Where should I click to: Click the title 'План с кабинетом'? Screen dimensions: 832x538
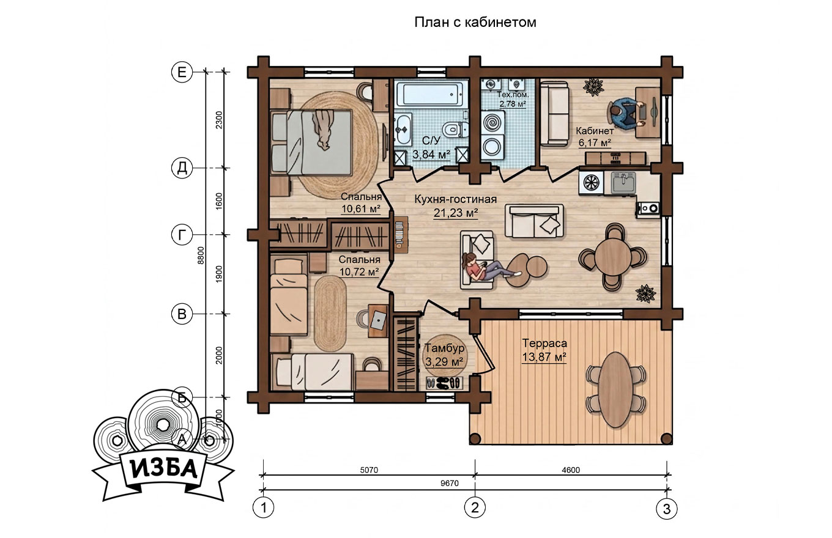pyautogui.click(x=475, y=23)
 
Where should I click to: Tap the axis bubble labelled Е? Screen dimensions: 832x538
pyautogui.click(x=182, y=72)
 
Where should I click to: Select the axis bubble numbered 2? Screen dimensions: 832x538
pyautogui.click(x=475, y=507)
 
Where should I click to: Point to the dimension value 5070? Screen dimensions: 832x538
pyautogui.click(x=369, y=470)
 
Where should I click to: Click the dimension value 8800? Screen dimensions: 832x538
pyautogui.click(x=201, y=255)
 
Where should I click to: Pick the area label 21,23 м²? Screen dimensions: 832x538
pyautogui.click(x=456, y=213)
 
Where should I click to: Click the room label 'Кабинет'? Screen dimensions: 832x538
pyautogui.click(x=595, y=131)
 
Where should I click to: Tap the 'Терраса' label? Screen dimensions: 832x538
pyautogui.click(x=544, y=343)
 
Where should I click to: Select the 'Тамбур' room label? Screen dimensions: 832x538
pyautogui.click(x=444, y=348)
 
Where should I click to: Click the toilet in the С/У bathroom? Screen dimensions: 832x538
pyautogui.click(x=455, y=129)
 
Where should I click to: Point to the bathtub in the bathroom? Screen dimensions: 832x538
pyautogui.click(x=429, y=94)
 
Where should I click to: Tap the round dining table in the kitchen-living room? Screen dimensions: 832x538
pyautogui.click(x=613, y=257)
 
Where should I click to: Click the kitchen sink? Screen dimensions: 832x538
pyautogui.click(x=623, y=183)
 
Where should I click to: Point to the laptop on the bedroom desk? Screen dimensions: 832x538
pyautogui.click(x=379, y=320)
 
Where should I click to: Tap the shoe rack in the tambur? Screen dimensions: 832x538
pyautogui.click(x=444, y=383)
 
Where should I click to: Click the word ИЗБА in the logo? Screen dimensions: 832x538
pyautogui.click(x=163, y=470)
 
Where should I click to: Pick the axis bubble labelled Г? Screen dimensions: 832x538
pyautogui.click(x=182, y=235)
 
